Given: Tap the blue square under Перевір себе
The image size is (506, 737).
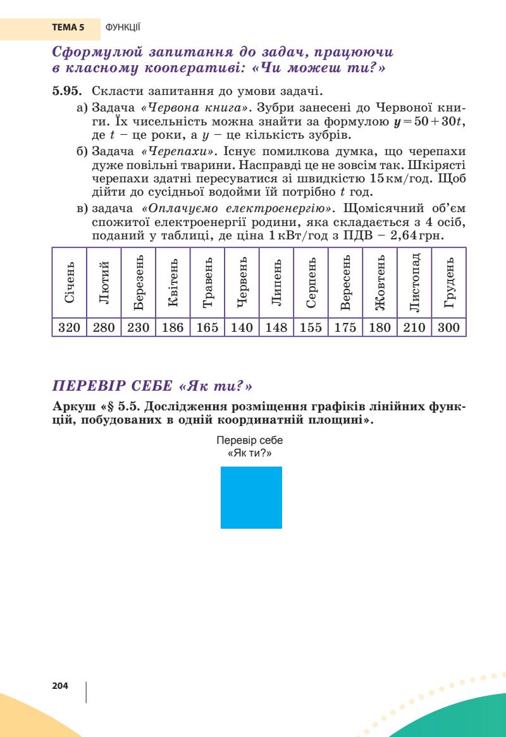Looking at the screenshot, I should coord(251,497).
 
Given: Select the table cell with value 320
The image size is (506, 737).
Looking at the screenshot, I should coord(68,327).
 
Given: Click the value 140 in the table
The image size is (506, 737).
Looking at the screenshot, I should coord(241,327).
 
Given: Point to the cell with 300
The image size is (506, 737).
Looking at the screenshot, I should coord(449,327).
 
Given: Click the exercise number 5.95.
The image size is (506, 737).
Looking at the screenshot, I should coord(66,92).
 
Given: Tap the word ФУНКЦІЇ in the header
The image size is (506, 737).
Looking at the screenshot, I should coord(123,28).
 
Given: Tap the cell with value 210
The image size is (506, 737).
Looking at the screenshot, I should coord(414,327).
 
